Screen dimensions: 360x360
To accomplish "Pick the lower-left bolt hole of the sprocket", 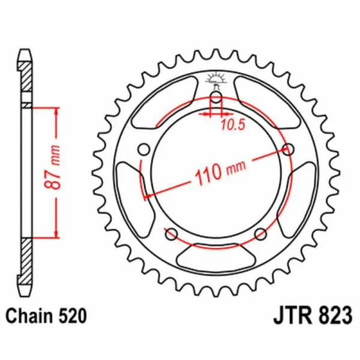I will (171, 234).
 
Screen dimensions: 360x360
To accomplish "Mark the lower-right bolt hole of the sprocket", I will (260, 234).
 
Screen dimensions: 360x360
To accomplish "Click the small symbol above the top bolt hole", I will (216, 78).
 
